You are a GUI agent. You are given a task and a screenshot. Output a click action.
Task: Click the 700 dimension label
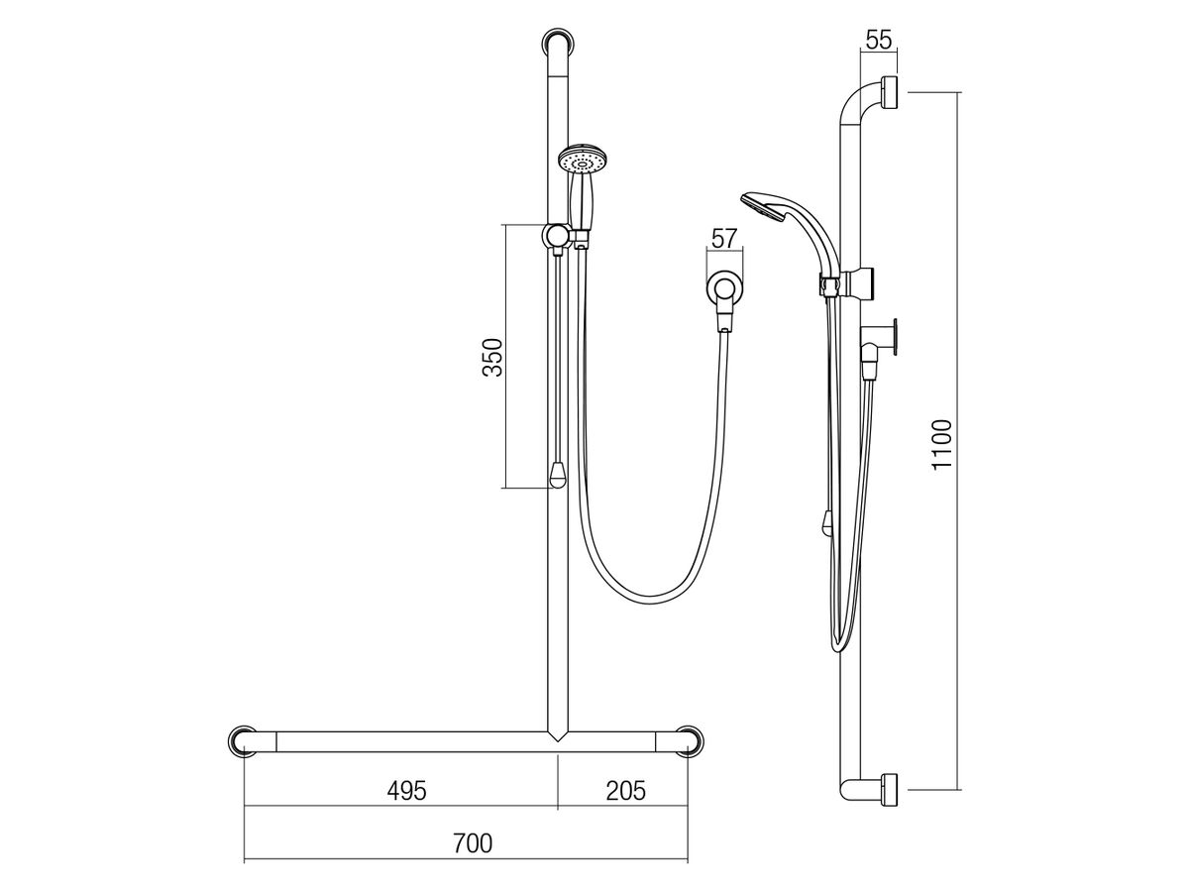(473, 843)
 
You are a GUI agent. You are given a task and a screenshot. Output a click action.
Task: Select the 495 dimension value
(406, 790)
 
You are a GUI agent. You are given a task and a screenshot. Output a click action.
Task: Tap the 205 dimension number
(625, 790)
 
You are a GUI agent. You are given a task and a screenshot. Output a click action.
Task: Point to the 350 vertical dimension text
(493, 358)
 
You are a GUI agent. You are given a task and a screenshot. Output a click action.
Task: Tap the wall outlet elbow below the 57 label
(725, 290)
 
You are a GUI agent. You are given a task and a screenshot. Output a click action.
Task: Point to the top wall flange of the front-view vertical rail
(558, 45)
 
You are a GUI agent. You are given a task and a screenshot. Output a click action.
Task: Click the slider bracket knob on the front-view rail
(557, 236)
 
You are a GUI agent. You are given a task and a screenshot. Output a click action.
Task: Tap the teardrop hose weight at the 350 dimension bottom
(558, 476)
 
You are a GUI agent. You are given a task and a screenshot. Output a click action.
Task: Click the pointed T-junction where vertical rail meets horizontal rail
(558, 737)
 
